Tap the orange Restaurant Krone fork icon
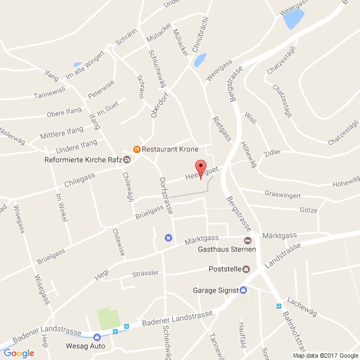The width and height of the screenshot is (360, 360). pos(136,149)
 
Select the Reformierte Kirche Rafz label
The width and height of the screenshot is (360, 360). pos(83,159)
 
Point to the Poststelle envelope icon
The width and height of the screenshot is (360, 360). pos(246,269)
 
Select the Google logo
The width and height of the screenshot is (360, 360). pos(19,353)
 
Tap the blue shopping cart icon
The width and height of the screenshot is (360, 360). pos(168,237)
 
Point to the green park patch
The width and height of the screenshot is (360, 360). pos(109,318)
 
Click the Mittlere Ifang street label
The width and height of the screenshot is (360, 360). pos(61,134)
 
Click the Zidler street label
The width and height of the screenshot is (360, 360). pos(272,152)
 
